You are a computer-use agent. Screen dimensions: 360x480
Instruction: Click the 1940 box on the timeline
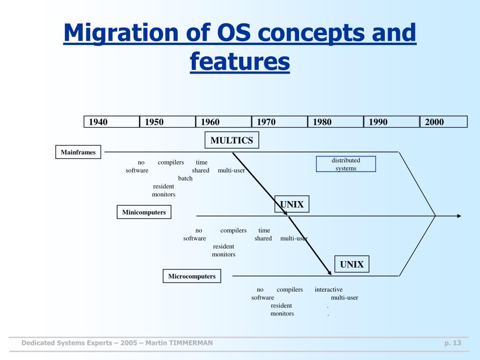112,122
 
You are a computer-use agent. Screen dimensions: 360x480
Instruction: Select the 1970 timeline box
279,122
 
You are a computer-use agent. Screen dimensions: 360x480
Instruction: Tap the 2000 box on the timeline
443,122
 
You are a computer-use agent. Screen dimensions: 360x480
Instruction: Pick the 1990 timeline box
391,122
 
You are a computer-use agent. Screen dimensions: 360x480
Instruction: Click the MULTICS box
232,140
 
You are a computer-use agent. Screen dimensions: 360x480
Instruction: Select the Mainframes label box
78,152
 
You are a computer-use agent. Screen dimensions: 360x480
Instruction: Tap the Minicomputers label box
144,212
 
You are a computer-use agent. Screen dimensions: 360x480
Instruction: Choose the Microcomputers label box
192,276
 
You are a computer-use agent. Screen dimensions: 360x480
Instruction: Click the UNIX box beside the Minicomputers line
292,204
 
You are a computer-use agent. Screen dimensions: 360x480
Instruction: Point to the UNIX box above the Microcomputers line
352,264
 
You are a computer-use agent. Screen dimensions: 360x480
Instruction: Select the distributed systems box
346,164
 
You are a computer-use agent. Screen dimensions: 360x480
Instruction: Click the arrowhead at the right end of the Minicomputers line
459,216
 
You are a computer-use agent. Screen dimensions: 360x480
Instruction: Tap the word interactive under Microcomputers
329,290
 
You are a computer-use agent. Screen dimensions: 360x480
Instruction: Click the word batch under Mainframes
185,179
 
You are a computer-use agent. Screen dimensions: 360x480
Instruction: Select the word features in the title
240,62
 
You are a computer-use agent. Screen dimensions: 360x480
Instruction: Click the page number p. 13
453,343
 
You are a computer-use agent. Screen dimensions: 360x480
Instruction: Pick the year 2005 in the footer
129,343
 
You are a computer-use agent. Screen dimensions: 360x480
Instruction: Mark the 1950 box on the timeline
167,122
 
